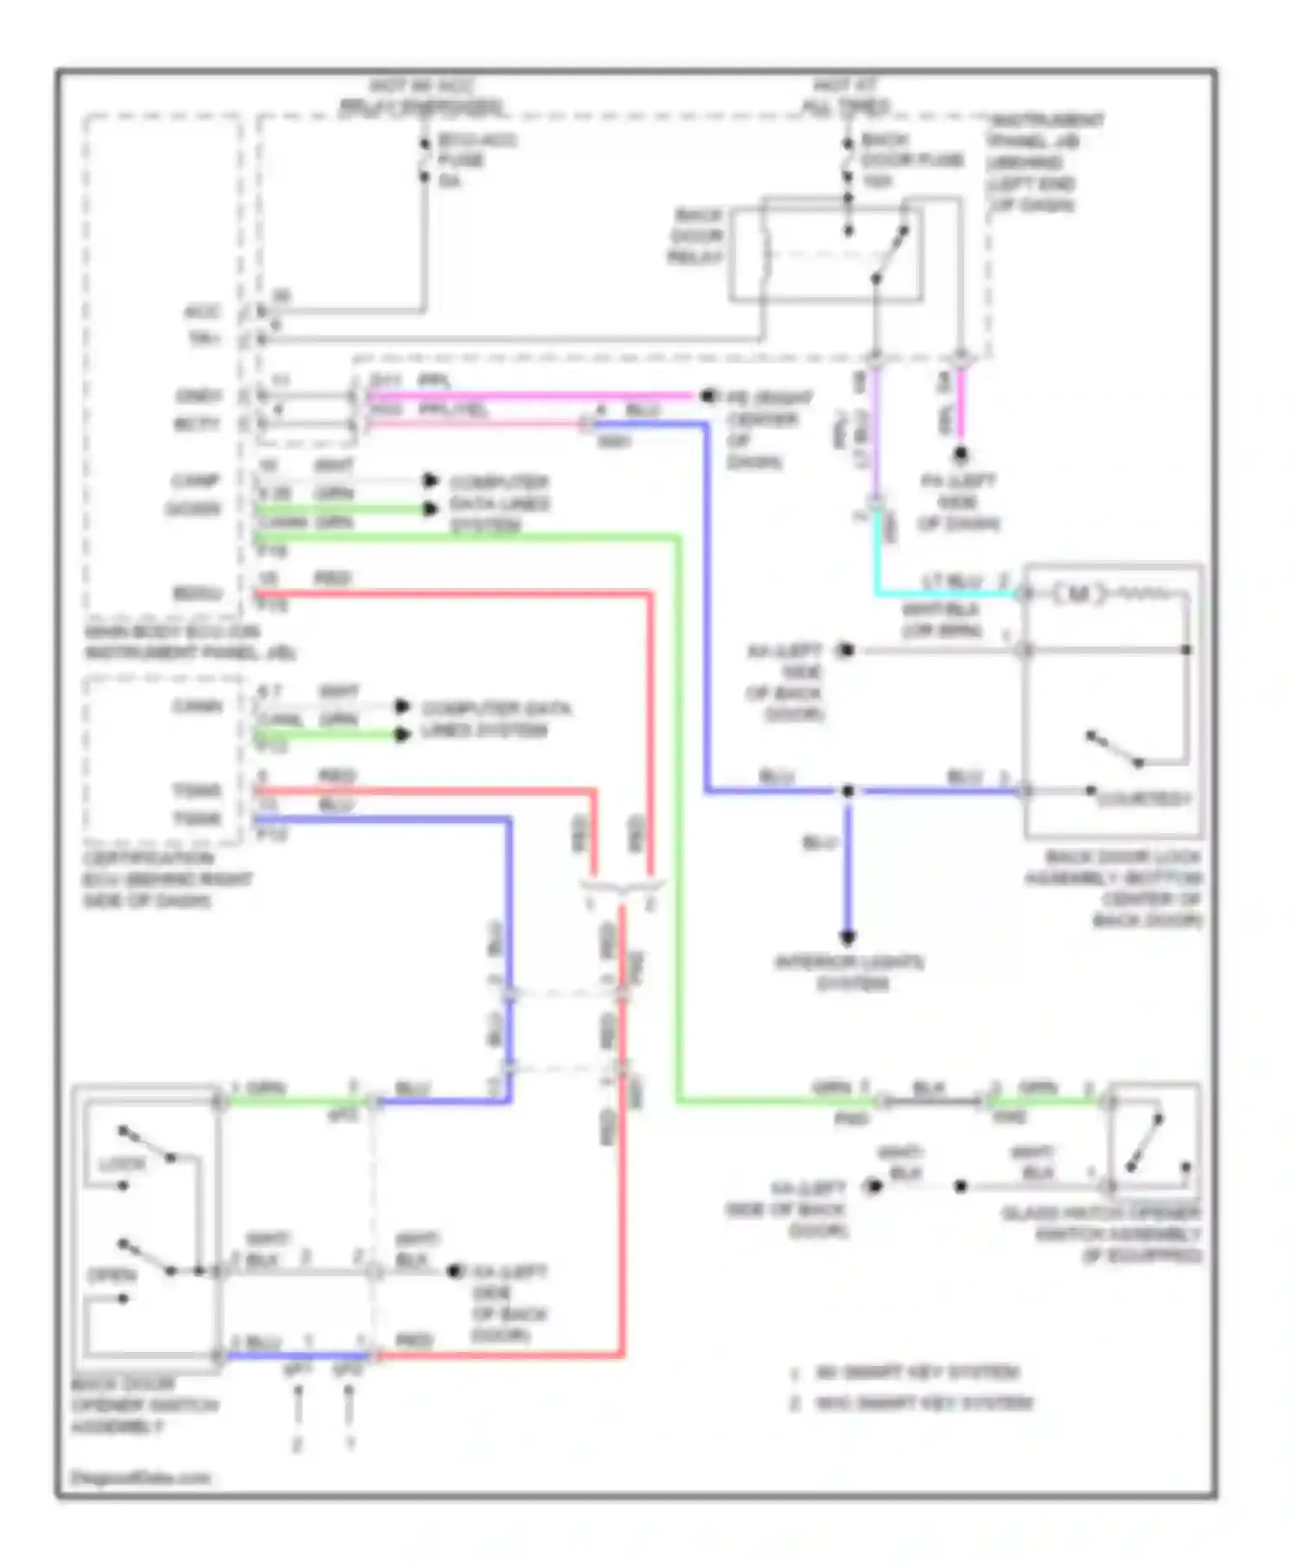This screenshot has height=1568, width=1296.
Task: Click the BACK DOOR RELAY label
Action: click(x=697, y=236)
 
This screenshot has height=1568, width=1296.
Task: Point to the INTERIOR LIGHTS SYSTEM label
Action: click(x=849, y=972)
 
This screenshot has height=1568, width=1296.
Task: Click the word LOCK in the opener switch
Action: click(x=121, y=1164)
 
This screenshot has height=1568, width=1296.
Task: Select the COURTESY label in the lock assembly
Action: click(x=1143, y=799)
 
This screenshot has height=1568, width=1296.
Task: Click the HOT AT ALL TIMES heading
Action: click(x=845, y=97)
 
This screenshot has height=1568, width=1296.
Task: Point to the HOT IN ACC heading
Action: click(x=422, y=97)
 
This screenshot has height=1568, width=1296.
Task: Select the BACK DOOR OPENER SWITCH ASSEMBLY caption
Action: click(x=143, y=1405)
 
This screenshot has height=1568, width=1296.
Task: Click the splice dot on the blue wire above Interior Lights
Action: click(x=848, y=790)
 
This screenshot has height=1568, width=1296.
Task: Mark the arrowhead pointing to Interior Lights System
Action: click(x=848, y=937)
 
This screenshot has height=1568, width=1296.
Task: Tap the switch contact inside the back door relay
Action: click(x=890, y=255)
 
